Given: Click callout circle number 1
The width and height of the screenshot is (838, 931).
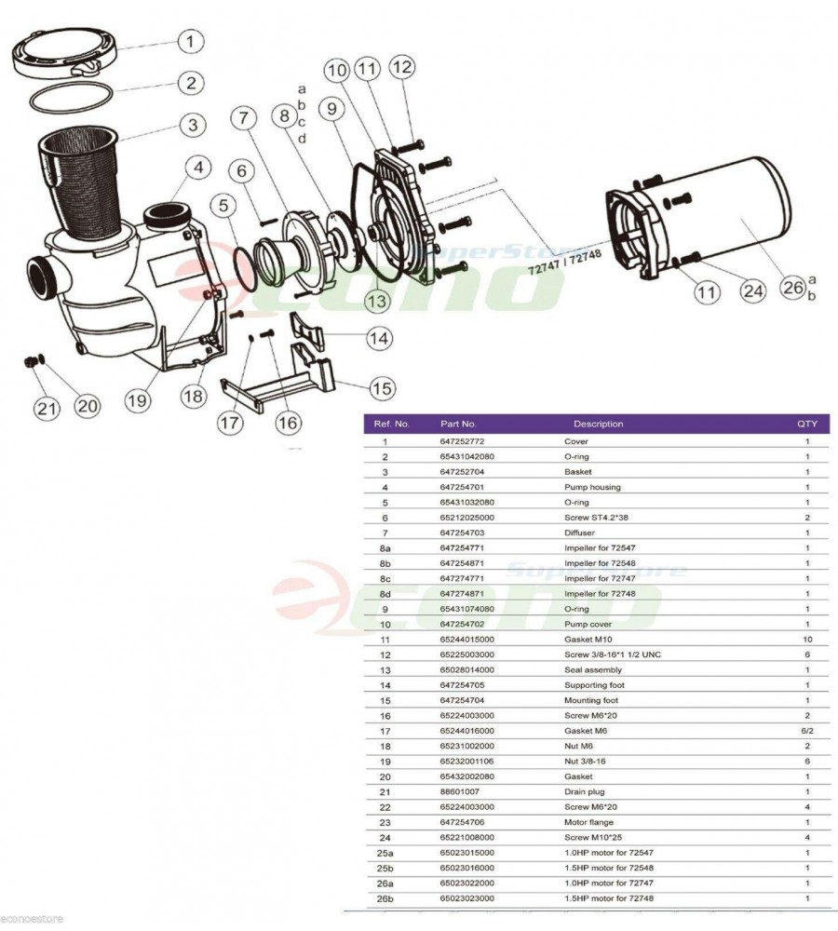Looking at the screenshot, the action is click(190, 42).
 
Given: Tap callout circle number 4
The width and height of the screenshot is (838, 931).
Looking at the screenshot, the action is click(198, 168).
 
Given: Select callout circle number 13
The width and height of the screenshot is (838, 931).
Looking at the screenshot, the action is click(376, 301).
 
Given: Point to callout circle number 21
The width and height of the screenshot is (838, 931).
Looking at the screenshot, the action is click(47, 409).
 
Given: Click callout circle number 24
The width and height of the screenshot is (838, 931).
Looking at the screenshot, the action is click(753, 290).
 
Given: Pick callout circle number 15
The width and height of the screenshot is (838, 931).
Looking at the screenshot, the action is click(381, 389).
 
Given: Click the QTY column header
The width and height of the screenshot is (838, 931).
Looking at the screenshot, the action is click(807, 424).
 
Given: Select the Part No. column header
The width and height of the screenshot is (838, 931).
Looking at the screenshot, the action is click(458, 424).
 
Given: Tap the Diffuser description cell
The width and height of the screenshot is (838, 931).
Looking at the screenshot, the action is click(579, 533).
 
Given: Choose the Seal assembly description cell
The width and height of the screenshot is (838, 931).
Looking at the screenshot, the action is click(593, 669).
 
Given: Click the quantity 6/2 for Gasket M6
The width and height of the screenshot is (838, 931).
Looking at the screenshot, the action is click(807, 731).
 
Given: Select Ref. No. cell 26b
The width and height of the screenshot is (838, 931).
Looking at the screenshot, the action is click(385, 899).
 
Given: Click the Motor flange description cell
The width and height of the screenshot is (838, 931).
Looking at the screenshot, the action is click(588, 822).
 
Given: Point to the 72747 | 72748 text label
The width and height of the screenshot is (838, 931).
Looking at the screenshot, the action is click(565, 263).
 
